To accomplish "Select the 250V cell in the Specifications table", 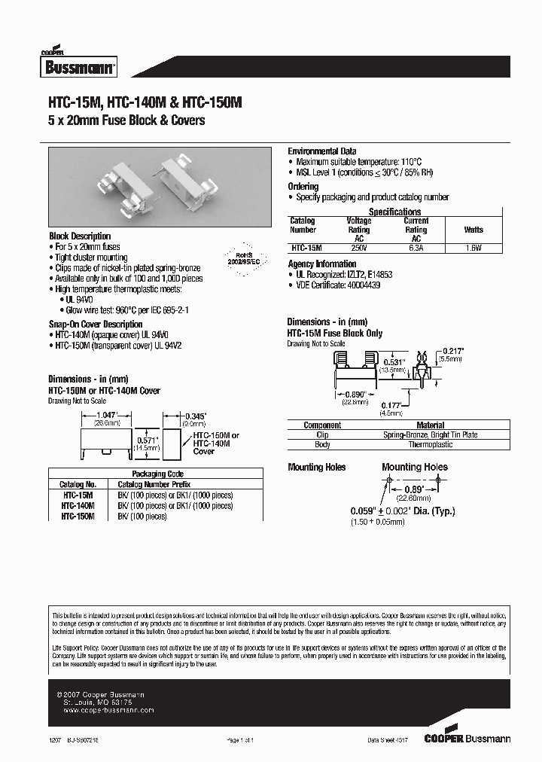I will pos(358,247).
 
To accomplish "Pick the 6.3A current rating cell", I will pos(416,247).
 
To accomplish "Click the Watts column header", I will pos(473,230).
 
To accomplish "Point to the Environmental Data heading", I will pos(322,151).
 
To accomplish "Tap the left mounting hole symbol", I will pos(388,480).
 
